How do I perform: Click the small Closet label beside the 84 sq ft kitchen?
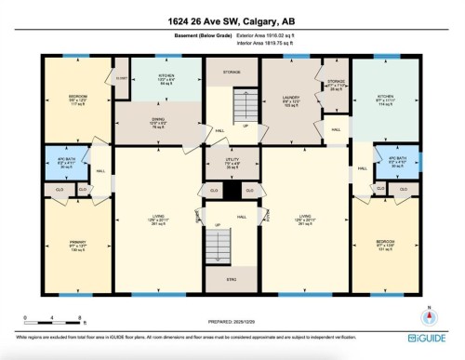121,79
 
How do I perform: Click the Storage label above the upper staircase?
232,72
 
